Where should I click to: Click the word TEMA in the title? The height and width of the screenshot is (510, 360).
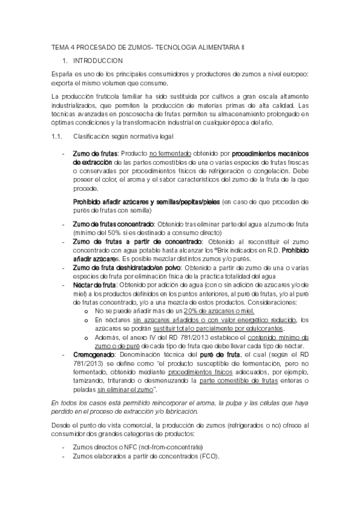[60, 47]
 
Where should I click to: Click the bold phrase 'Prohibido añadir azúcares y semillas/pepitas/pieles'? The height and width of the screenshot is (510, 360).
[146, 201]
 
